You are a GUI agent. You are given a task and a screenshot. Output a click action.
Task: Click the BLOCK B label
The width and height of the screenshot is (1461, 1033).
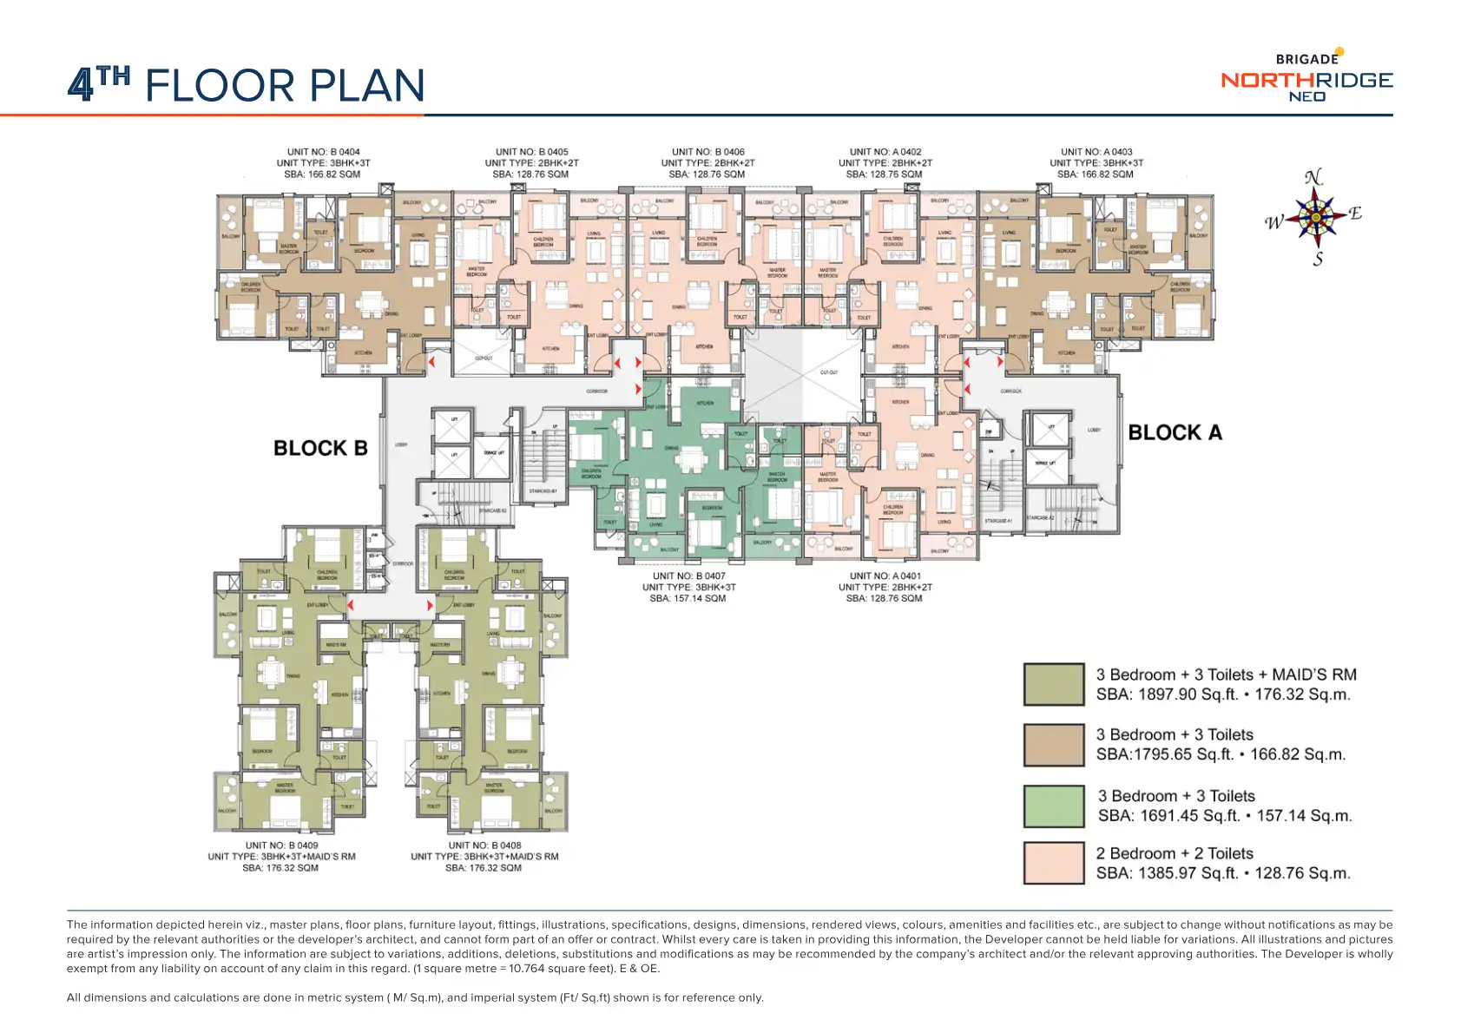[320, 448]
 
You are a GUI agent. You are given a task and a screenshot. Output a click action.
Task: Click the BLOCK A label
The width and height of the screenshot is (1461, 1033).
[1175, 432]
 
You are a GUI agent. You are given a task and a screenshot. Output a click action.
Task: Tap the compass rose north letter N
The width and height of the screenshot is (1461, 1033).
[1313, 178]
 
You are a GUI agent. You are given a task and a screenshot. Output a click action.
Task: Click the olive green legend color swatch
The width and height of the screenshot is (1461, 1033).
[1053, 684]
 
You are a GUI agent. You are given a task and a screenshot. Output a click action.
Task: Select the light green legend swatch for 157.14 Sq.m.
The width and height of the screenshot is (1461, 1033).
[1053, 806]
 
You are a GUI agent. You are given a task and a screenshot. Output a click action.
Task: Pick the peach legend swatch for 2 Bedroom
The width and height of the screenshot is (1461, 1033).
[1053, 863]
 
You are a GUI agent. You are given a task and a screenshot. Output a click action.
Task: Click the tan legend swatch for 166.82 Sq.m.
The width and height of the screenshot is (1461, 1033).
[1053, 745]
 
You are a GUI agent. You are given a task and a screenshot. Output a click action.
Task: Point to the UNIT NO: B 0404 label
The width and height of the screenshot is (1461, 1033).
[324, 152]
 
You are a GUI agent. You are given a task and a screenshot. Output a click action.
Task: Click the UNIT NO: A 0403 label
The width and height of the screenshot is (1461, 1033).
[1096, 152]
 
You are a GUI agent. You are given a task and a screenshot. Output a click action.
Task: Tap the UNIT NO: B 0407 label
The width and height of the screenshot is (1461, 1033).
[689, 576]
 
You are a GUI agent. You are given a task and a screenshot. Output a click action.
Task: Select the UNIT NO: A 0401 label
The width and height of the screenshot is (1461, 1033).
[885, 576]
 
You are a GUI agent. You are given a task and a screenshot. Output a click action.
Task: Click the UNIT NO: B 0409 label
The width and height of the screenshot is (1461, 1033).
[281, 845]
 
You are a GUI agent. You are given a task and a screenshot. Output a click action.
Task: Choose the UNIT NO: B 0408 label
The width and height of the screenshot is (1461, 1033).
[484, 845]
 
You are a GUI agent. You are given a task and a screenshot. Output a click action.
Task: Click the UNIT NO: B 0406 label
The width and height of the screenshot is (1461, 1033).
[708, 152]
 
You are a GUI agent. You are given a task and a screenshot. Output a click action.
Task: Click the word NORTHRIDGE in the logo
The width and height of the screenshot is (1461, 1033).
[1306, 80]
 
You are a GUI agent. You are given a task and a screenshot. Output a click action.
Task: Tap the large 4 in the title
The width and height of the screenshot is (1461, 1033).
[81, 86]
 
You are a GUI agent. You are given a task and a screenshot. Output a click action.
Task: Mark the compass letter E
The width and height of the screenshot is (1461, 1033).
[1355, 214]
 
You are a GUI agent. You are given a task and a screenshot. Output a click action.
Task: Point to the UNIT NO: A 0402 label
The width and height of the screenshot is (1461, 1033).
[885, 152]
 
